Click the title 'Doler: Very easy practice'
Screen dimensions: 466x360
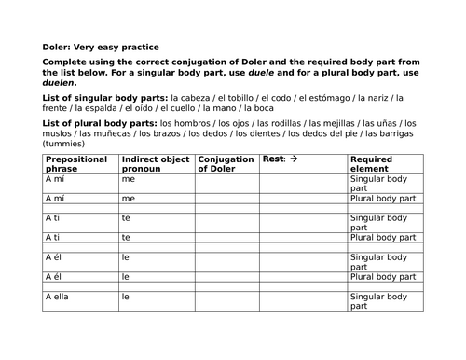(101, 47)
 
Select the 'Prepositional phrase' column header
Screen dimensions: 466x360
(77, 165)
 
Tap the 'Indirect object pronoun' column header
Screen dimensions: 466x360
(154, 165)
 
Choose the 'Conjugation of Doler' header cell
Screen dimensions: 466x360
(225, 165)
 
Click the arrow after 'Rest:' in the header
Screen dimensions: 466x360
(294, 159)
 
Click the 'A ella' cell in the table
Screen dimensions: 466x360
(60, 297)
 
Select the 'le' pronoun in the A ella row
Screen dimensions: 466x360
(125, 297)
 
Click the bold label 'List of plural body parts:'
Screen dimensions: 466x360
(99, 122)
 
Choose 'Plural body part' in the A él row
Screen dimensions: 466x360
(383, 277)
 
